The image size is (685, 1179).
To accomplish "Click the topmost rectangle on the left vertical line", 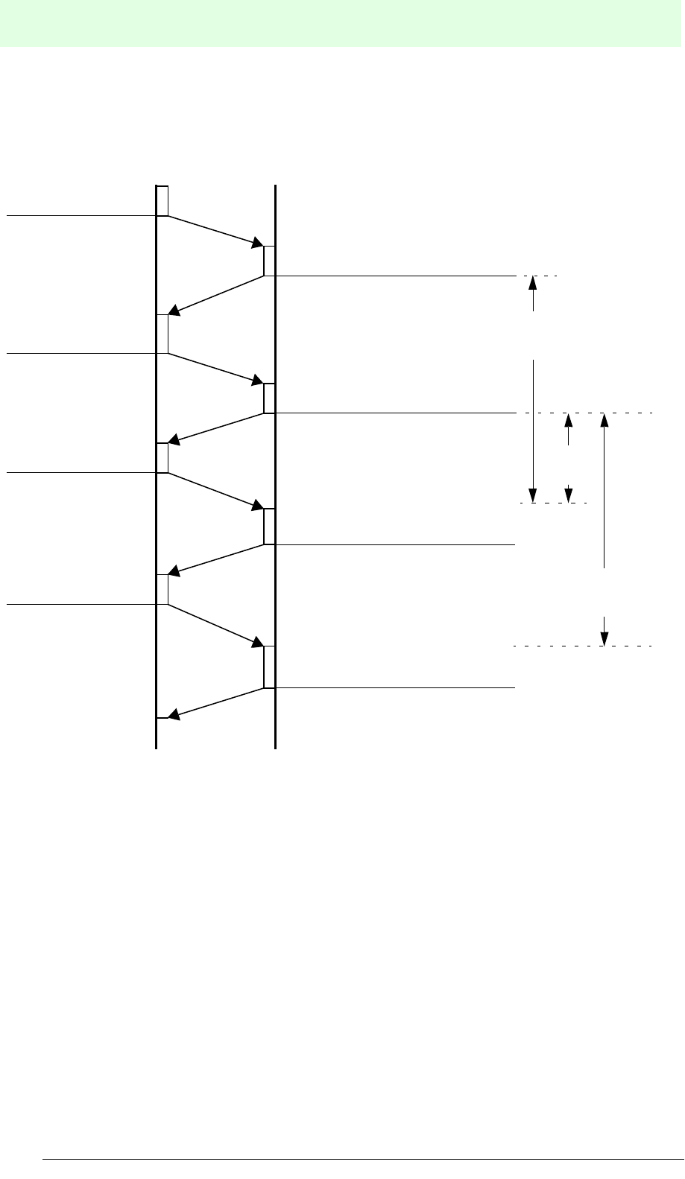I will click(x=162, y=201).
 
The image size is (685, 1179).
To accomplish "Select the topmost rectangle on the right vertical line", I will click(x=269, y=261).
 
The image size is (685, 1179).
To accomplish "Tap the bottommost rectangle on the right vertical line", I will click(x=269, y=667).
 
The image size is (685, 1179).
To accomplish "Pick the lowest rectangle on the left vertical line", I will click(x=162, y=590).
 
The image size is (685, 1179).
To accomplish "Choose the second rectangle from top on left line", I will click(x=162, y=334).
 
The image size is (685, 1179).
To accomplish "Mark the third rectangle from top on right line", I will click(x=269, y=527).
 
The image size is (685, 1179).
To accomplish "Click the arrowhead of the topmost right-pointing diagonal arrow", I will click(x=258, y=244).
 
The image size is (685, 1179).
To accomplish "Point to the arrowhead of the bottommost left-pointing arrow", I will click(x=172, y=716).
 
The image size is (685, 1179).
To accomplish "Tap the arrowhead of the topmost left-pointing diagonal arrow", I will click(x=172, y=309).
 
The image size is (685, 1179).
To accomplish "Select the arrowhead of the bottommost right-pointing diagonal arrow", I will click(x=258, y=643).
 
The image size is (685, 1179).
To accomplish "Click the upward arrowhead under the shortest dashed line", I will click(x=533, y=283).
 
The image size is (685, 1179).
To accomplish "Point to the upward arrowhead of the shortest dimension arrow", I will click(x=569, y=420).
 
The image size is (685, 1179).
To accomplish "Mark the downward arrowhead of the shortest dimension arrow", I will click(x=569, y=496).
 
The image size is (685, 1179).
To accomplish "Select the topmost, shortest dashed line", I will click(x=537, y=276).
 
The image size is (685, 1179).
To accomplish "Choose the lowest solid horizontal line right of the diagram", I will click(x=395, y=687).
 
